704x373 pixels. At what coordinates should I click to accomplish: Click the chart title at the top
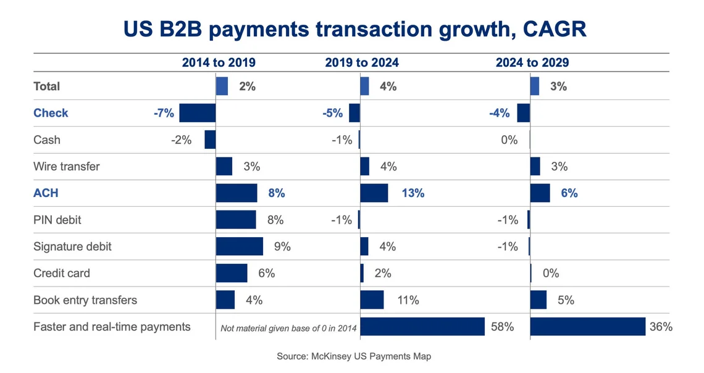[x=354, y=28]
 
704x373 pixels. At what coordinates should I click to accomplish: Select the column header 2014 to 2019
[x=218, y=62]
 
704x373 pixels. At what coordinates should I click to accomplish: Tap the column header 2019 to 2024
[x=362, y=62]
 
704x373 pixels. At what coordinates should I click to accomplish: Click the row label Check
[x=51, y=113]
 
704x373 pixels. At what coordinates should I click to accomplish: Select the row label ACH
[x=46, y=193]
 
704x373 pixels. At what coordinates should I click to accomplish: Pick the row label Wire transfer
[x=66, y=167]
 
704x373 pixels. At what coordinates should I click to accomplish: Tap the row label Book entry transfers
[x=85, y=300]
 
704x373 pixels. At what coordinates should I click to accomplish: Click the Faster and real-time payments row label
[x=112, y=327]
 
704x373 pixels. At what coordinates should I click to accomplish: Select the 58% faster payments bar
[x=422, y=327]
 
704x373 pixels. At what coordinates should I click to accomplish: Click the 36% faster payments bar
[x=587, y=327]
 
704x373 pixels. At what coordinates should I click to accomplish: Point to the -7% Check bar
[x=197, y=113]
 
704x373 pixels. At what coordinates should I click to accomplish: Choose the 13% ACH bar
[x=374, y=193]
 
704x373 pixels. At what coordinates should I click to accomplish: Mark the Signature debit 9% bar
[x=240, y=246]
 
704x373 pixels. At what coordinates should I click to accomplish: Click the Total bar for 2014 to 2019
[x=222, y=86]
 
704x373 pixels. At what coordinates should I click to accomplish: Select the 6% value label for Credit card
[x=266, y=274]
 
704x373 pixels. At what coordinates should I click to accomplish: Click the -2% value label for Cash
[x=182, y=140]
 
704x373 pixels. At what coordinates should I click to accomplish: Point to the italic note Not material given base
[x=289, y=328]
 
